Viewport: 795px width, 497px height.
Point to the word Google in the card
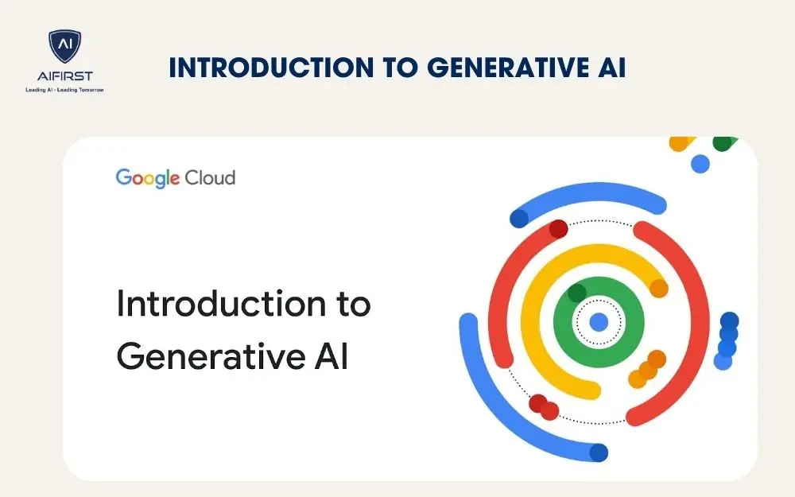click(x=148, y=177)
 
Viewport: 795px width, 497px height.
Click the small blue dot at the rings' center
click(x=599, y=321)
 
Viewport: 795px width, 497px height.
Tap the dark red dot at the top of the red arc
click(x=558, y=229)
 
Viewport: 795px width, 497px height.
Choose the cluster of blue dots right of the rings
click(x=727, y=340)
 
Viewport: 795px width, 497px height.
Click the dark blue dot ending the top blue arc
click(x=519, y=217)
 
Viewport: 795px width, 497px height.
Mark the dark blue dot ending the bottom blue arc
click(x=599, y=452)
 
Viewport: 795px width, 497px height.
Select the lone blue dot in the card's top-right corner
click(x=700, y=164)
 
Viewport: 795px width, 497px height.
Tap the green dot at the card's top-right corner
click(x=723, y=144)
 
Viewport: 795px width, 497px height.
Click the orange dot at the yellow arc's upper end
click(x=659, y=289)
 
